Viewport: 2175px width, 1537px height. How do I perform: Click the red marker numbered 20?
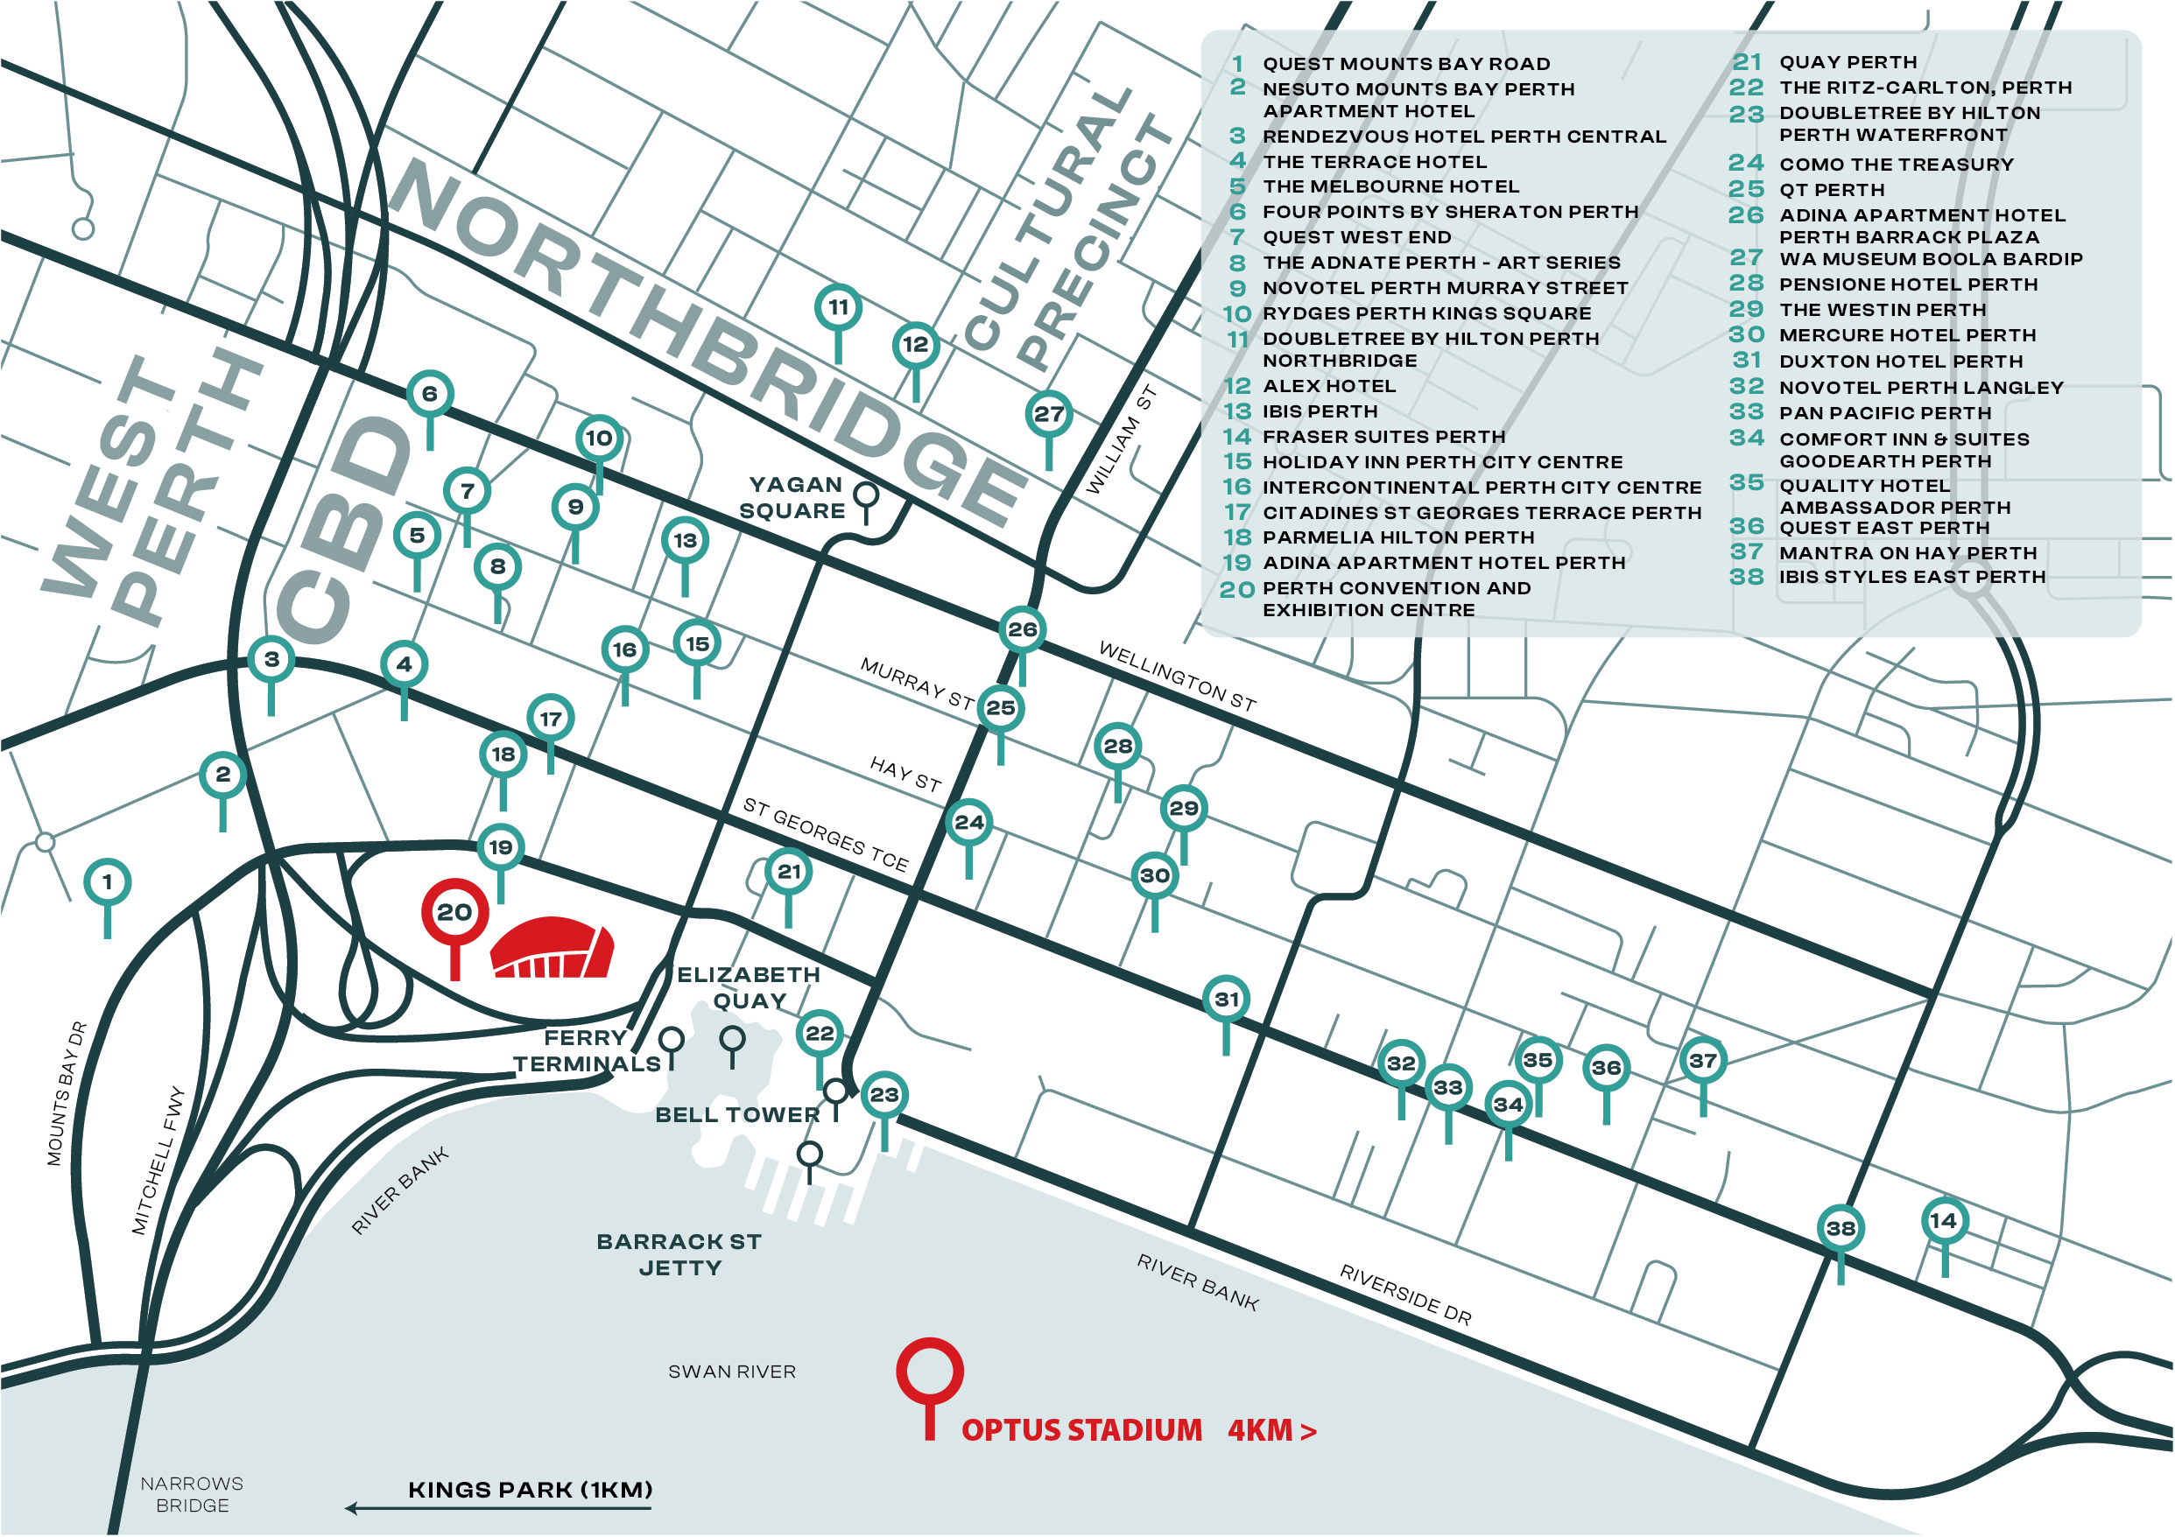[454, 911]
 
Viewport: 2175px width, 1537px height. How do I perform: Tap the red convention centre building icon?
[552, 948]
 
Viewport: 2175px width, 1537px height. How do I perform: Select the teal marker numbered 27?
[1048, 414]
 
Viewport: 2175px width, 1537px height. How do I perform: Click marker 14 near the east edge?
[1943, 1221]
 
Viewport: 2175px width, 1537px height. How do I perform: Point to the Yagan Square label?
[794, 497]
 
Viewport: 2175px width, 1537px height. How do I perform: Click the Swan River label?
[731, 1372]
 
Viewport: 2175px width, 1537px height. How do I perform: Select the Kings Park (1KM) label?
[530, 1490]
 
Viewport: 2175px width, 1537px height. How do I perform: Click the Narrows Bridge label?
[192, 1493]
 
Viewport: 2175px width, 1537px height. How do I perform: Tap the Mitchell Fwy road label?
[158, 1160]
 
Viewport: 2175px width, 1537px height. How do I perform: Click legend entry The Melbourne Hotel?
[1390, 186]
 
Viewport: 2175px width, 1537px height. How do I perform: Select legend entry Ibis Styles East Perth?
[1911, 577]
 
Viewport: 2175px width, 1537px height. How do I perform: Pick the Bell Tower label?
[737, 1114]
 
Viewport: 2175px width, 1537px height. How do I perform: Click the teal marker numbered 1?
[107, 881]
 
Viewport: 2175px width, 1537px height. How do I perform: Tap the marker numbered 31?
[1226, 999]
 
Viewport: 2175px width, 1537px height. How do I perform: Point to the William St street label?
[1121, 439]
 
